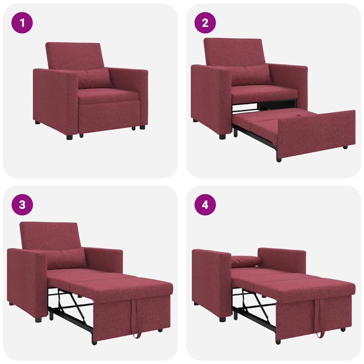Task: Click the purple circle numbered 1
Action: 22,23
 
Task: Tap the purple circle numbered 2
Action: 205,23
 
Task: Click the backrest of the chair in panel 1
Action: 75,55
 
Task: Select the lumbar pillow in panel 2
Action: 251,75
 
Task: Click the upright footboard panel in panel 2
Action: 316,133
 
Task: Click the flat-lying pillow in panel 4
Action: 245,261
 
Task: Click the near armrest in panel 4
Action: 212,281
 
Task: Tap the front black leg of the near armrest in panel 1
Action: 69,137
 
